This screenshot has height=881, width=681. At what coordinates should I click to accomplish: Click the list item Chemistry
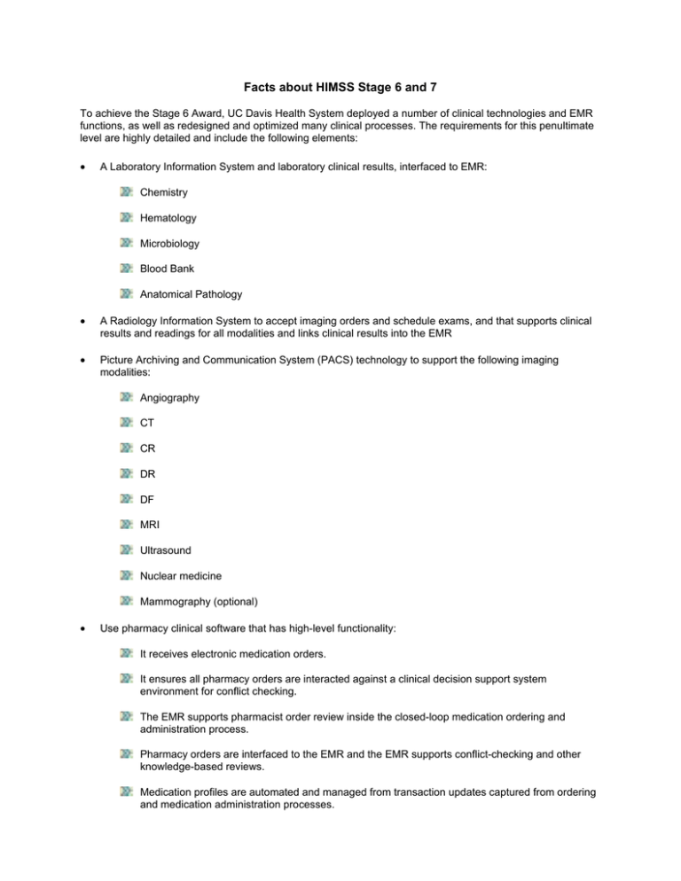[162, 192]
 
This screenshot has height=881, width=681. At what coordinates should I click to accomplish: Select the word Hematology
[167, 217]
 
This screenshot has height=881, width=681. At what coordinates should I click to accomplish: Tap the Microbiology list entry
[168, 243]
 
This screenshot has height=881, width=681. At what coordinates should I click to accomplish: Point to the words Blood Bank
[166, 269]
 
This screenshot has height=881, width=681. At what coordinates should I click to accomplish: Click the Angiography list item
[168, 399]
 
